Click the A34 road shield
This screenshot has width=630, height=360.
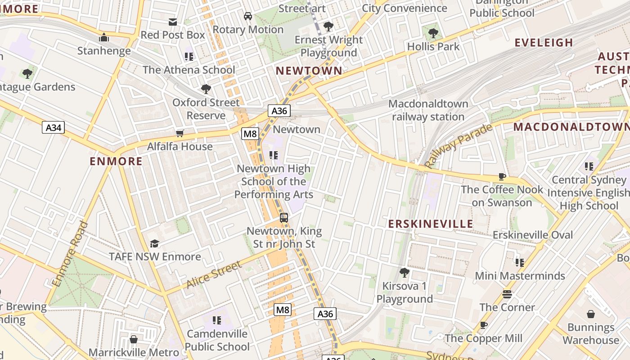(x=53, y=127)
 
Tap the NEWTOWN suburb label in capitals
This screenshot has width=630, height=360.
(x=309, y=71)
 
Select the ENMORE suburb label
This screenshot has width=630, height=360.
(x=116, y=161)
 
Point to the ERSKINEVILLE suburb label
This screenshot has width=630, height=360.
(x=431, y=224)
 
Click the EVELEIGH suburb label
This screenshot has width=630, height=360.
(x=544, y=43)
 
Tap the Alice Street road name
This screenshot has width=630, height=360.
(x=214, y=274)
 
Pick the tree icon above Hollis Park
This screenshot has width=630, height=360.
(x=433, y=33)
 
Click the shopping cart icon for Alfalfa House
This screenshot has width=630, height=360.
(x=180, y=133)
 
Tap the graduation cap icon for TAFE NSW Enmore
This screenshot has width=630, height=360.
(x=155, y=243)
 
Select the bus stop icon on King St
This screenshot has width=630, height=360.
(x=284, y=218)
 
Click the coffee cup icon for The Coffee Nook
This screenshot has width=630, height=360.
(x=502, y=176)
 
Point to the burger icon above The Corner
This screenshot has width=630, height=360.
(x=507, y=294)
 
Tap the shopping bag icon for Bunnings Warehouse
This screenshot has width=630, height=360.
(x=591, y=314)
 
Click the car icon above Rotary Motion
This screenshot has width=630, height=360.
(x=247, y=16)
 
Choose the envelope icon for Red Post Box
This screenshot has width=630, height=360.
(x=173, y=22)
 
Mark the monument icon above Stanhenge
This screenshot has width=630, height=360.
(x=104, y=37)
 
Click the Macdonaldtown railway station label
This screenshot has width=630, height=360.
(x=428, y=110)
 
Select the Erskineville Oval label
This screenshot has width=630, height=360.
(x=533, y=235)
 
